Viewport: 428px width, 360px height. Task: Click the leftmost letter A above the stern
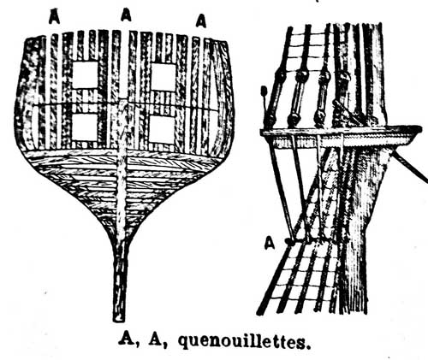click(x=54, y=16)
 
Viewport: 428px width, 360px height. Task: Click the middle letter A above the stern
click(x=126, y=15)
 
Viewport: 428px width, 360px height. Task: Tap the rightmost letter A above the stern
click(x=201, y=21)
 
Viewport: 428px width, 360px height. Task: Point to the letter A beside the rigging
click(x=270, y=243)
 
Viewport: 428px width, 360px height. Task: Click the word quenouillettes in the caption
click(x=244, y=340)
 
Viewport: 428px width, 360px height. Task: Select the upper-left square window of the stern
click(x=85, y=74)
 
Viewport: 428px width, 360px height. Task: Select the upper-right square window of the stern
click(x=163, y=77)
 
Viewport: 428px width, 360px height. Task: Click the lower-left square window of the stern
click(x=85, y=127)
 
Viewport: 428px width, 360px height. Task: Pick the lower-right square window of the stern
click(x=162, y=129)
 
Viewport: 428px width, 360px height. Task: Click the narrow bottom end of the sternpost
click(x=119, y=319)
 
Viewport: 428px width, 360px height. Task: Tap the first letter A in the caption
click(x=127, y=339)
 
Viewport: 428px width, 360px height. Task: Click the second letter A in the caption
click(x=156, y=339)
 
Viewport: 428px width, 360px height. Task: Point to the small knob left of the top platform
click(x=264, y=91)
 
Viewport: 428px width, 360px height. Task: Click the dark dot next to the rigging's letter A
click(x=289, y=242)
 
